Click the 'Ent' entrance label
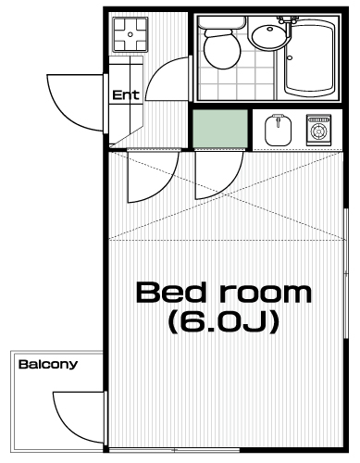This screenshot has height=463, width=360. [x=126, y=94]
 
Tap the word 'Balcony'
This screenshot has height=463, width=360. [x=48, y=365]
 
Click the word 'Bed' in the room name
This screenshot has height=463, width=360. [x=170, y=293]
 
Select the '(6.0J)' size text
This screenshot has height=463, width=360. [x=224, y=322]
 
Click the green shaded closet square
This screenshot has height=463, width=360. [x=220, y=129]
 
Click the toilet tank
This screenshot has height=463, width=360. [x=222, y=22]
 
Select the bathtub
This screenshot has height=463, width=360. [x=309, y=58]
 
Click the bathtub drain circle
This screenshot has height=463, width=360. [x=290, y=57]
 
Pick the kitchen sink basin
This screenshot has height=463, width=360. [x=278, y=131]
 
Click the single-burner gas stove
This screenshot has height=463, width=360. [x=318, y=130]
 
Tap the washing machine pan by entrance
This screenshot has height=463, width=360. [x=130, y=34]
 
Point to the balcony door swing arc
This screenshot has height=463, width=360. [x=66, y=429]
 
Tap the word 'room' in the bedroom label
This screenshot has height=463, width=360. [x=266, y=294]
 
